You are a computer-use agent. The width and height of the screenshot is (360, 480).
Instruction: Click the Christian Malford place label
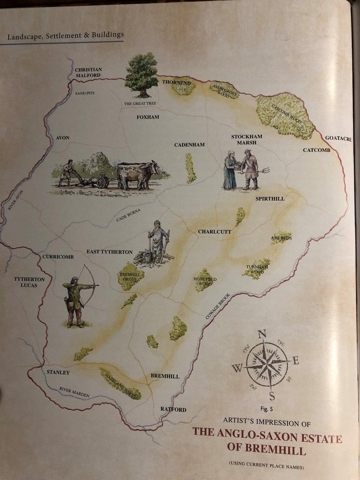tap(88, 72)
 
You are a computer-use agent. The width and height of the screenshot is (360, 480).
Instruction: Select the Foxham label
tap(148, 117)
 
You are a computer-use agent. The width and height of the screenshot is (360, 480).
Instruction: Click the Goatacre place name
tap(338, 138)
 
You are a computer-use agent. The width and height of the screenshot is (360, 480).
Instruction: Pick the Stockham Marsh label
tap(247, 139)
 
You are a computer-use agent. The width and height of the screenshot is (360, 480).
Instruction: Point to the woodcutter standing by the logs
tap(158, 241)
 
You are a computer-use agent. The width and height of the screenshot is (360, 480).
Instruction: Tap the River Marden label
tap(74, 392)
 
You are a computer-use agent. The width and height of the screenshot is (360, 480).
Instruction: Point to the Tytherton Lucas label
tap(29, 282)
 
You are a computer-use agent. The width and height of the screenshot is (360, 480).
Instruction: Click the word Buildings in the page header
tap(107, 35)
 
